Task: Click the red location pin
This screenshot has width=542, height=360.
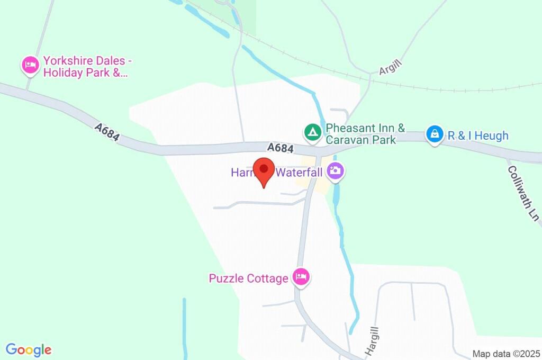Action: point(264,171)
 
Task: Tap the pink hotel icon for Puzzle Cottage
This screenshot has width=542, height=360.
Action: point(301,276)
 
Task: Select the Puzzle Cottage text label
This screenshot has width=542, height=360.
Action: point(248,278)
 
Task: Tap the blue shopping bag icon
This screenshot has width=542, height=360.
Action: point(434,134)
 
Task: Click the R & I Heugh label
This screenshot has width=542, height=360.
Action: point(478,136)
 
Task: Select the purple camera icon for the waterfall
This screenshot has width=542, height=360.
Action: point(335,171)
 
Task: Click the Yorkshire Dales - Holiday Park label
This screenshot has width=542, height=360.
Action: point(85,67)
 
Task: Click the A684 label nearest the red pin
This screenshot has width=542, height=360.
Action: point(280,148)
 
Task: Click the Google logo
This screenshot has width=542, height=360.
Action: point(29,349)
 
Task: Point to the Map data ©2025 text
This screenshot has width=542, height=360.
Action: point(505,354)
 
